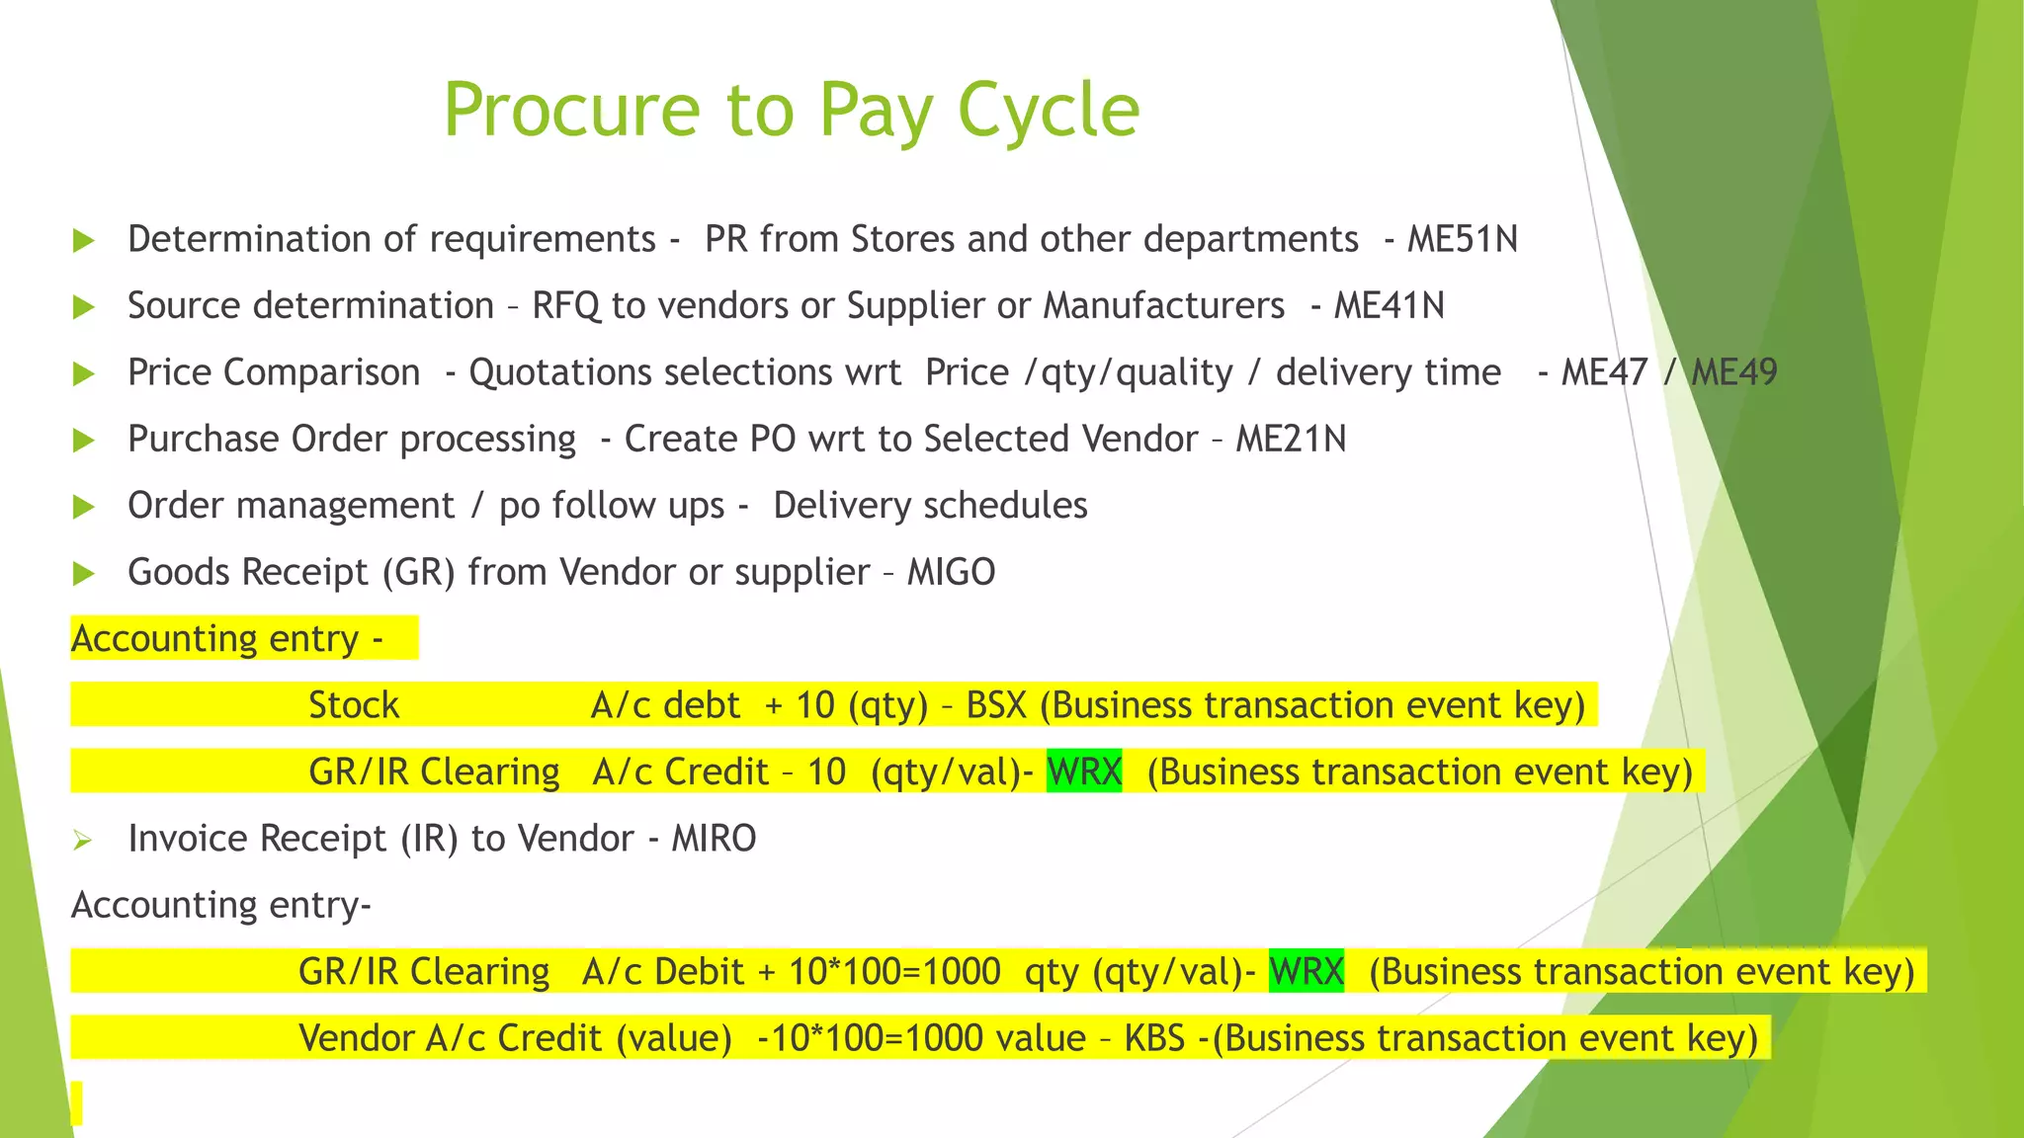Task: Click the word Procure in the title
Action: tap(572, 111)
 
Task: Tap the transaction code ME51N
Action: tap(1462, 240)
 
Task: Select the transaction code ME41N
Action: tap(1389, 306)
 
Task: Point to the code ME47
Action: tap(1604, 373)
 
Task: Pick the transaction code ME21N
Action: tap(1291, 440)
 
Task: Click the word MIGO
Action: tap(951, 573)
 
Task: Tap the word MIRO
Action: tap(714, 839)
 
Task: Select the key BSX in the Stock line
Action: tap(996, 705)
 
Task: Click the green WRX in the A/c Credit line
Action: tap(1084, 772)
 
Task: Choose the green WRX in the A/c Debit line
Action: tap(1306, 972)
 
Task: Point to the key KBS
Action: tap(1154, 1038)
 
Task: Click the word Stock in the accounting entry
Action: tap(354, 705)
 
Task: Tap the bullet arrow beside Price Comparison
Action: tap(84, 374)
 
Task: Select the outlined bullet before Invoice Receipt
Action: tap(82, 841)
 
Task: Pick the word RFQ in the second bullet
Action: tap(565, 306)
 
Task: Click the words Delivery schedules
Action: tap(930, 506)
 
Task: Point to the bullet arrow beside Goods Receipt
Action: tap(84, 574)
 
